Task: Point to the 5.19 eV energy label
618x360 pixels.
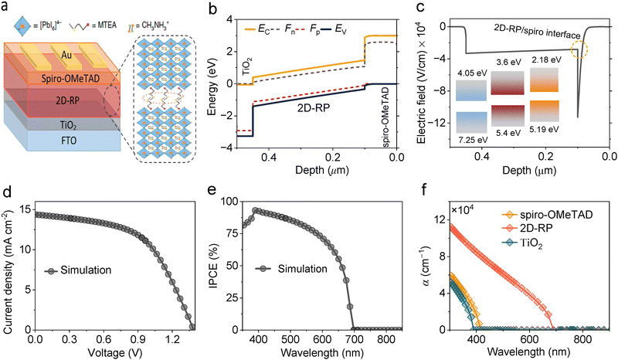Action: tap(549, 140)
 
